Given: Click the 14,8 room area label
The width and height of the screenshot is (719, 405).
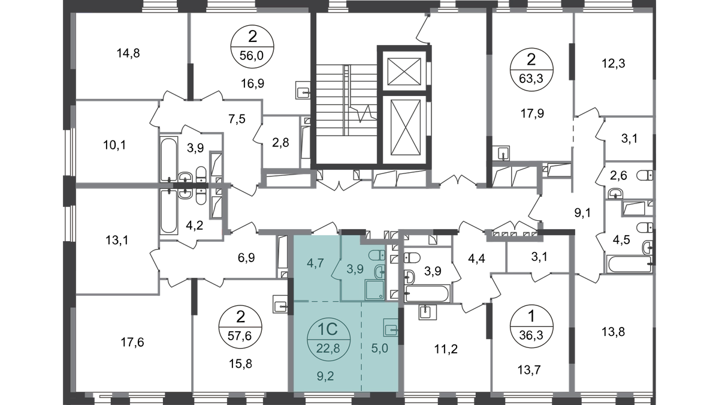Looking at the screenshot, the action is click(128, 53).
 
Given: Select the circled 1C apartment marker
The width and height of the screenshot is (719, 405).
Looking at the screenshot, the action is click(329, 339).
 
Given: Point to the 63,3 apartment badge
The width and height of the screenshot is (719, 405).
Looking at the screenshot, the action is click(531, 70).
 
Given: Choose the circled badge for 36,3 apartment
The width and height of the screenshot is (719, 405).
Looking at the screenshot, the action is click(531, 326).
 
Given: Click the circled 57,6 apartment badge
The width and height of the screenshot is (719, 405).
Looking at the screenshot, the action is click(240, 327).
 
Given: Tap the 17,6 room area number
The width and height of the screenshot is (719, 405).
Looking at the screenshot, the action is click(132, 343).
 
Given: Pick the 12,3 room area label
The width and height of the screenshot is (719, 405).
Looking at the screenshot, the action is click(613, 64).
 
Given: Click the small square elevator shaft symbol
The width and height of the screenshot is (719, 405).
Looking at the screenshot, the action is click(404, 71).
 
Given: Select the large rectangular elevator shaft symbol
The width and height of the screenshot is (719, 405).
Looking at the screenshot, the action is click(406, 127).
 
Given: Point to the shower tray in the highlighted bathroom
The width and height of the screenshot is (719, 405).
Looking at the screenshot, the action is click(374, 290).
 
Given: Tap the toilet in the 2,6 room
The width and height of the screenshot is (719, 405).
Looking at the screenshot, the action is click(645, 175).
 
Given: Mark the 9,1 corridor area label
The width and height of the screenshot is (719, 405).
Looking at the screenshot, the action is click(582, 212).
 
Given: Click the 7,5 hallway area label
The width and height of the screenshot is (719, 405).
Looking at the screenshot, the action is click(237, 119).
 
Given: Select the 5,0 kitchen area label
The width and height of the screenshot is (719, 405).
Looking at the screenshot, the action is click(380, 348).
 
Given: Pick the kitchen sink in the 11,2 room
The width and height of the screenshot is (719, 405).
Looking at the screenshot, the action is click(428, 312).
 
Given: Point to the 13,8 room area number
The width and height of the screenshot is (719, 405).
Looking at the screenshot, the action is click(613, 332).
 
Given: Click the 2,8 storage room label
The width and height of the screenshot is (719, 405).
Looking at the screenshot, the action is click(280, 142).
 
